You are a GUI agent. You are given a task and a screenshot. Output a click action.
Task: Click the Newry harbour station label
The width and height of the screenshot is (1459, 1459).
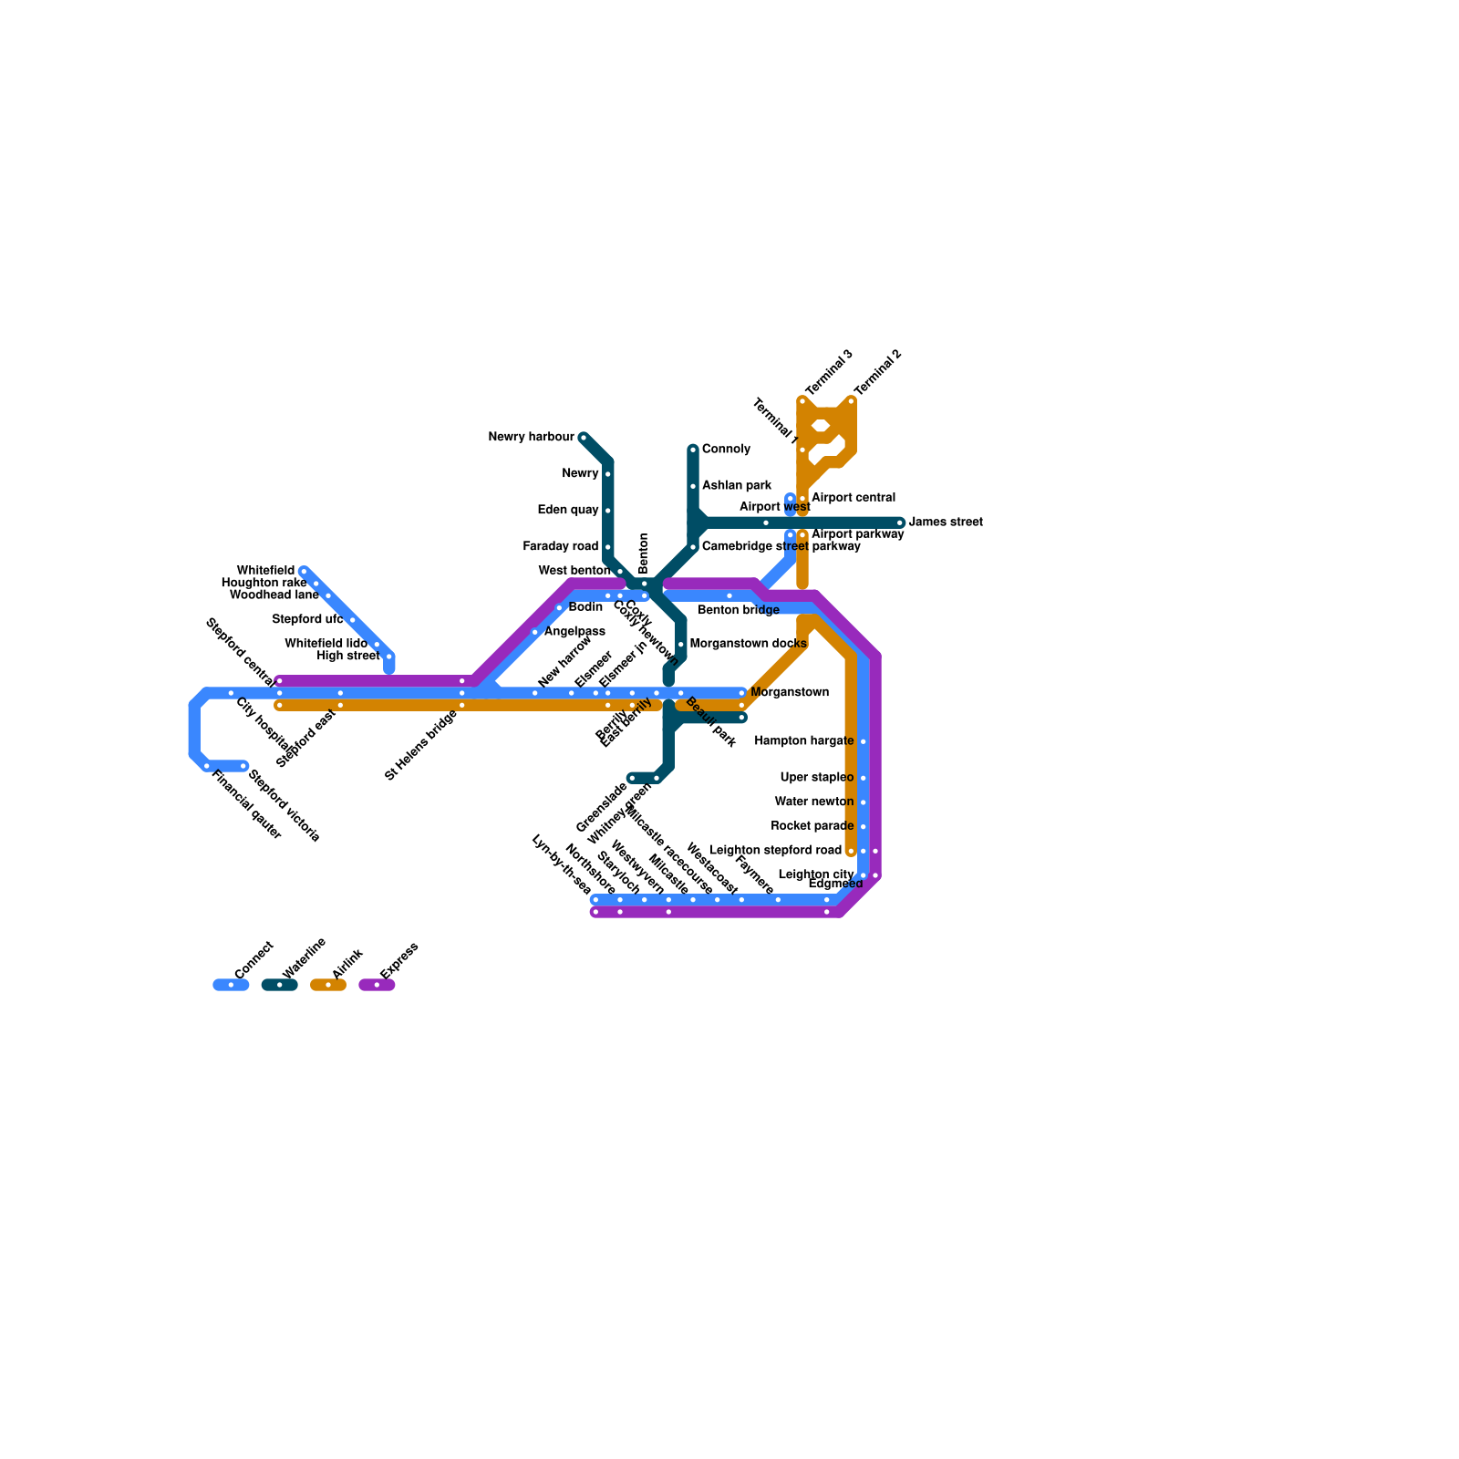point(531,438)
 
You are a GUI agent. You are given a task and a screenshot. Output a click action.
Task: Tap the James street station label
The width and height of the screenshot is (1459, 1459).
point(946,523)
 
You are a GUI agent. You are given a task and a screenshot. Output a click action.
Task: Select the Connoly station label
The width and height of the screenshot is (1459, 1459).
point(726,450)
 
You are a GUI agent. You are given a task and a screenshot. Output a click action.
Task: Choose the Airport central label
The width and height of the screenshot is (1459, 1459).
point(853,498)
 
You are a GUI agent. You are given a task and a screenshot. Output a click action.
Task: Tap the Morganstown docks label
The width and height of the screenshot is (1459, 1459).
point(748,644)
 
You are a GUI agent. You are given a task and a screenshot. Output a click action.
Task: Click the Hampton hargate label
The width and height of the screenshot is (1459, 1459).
point(803,741)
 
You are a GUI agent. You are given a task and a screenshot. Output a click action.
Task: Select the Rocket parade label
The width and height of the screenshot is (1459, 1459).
point(812,826)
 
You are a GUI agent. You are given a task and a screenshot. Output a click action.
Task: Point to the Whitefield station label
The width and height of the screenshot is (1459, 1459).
point(265,571)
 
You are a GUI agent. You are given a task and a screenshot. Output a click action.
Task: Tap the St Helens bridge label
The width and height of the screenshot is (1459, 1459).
point(420,745)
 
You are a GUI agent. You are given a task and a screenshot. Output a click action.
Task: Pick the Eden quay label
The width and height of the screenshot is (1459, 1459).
point(569,511)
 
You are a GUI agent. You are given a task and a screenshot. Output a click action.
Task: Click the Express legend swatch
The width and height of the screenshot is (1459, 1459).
point(377,985)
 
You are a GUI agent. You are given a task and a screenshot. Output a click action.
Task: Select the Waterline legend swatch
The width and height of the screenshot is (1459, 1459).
point(279,985)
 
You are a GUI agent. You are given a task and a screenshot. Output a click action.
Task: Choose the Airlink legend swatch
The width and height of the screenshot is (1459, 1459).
point(328,985)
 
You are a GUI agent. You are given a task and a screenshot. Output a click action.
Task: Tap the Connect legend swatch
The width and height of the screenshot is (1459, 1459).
point(231,985)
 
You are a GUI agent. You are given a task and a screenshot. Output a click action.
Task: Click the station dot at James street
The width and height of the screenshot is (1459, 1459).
point(900,523)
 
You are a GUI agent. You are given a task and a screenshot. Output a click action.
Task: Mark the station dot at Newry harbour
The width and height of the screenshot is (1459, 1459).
point(584,438)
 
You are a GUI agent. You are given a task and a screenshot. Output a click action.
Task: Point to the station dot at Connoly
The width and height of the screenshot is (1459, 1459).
point(693,450)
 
